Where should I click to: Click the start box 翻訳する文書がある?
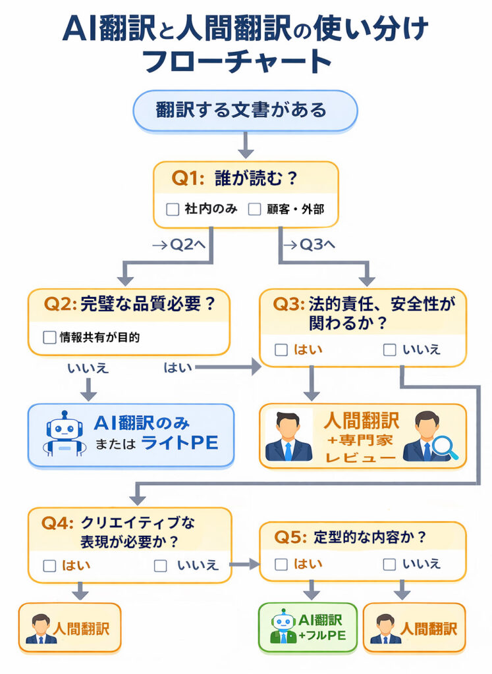point(245,109)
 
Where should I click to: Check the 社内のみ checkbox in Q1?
point(173,210)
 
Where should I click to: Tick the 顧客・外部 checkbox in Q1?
point(255,210)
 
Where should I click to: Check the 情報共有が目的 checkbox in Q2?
point(49,338)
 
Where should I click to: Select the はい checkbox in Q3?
point(281,350)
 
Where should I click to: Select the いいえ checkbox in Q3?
point(390,350)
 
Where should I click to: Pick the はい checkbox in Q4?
point(49,565)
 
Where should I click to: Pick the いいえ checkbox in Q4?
point(161,565)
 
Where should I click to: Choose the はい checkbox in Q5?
point(281,564)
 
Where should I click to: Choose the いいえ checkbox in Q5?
point(390,564)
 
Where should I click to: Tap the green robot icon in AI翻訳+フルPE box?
point(282,627)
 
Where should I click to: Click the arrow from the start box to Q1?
point(245,145)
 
